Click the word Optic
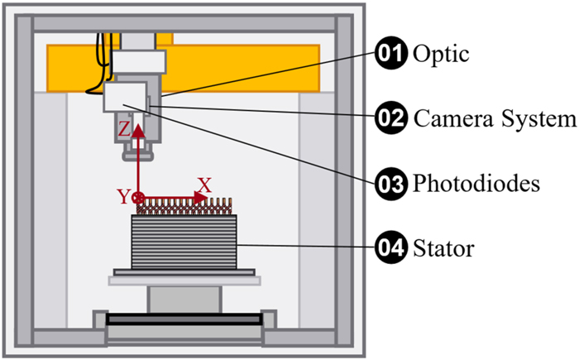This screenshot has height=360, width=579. click(x=440, y=55)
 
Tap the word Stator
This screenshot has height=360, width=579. click(x=443, y=247)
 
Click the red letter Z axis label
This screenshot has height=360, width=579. click(x=123, y=129)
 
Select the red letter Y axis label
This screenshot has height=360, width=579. click(x=122, y=197)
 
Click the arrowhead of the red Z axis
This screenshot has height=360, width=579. click(x=138, y=124)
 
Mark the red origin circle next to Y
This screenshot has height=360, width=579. click(x=138, y=198)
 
